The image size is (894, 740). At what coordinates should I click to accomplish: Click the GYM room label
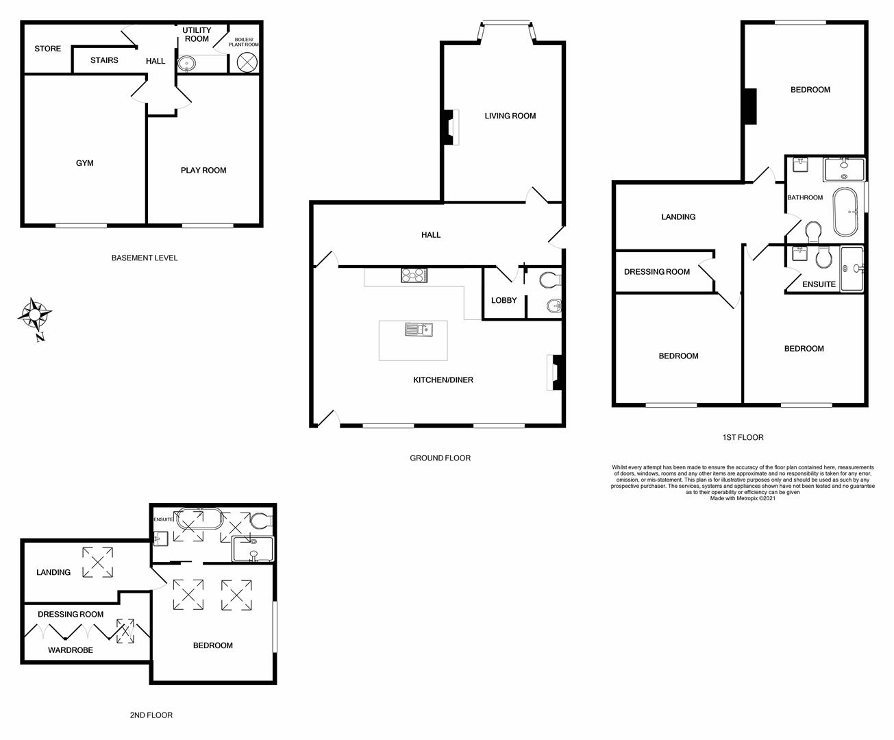[85, 163]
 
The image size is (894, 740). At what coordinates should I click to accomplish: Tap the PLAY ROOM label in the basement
[203, 171]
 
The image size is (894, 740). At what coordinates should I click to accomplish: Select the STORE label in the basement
[48, 49]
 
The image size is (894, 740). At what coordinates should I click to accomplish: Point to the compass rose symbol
[34, 315]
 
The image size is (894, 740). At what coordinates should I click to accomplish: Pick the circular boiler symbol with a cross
[246, 62]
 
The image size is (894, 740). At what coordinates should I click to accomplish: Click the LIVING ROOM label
[510, 116]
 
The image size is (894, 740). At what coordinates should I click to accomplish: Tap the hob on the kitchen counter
[414, 275]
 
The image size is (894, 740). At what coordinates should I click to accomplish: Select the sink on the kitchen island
[417, 331]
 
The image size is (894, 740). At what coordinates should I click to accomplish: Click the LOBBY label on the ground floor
[504, 300]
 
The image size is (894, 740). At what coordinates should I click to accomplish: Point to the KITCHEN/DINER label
[443, 380]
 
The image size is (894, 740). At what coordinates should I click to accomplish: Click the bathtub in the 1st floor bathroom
[845, 212]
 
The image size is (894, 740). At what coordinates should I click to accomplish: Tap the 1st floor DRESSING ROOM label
[657, 272]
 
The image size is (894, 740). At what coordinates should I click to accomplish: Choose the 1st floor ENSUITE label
[819, 284]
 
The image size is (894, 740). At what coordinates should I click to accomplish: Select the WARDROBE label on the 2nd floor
[71, 650]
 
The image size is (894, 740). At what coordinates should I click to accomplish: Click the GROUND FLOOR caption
[440, 458]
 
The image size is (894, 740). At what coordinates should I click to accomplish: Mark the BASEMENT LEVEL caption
[145, 258]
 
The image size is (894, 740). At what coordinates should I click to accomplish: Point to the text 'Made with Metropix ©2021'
[743, 498]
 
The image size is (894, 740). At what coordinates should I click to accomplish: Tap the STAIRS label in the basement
[104, 60]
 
